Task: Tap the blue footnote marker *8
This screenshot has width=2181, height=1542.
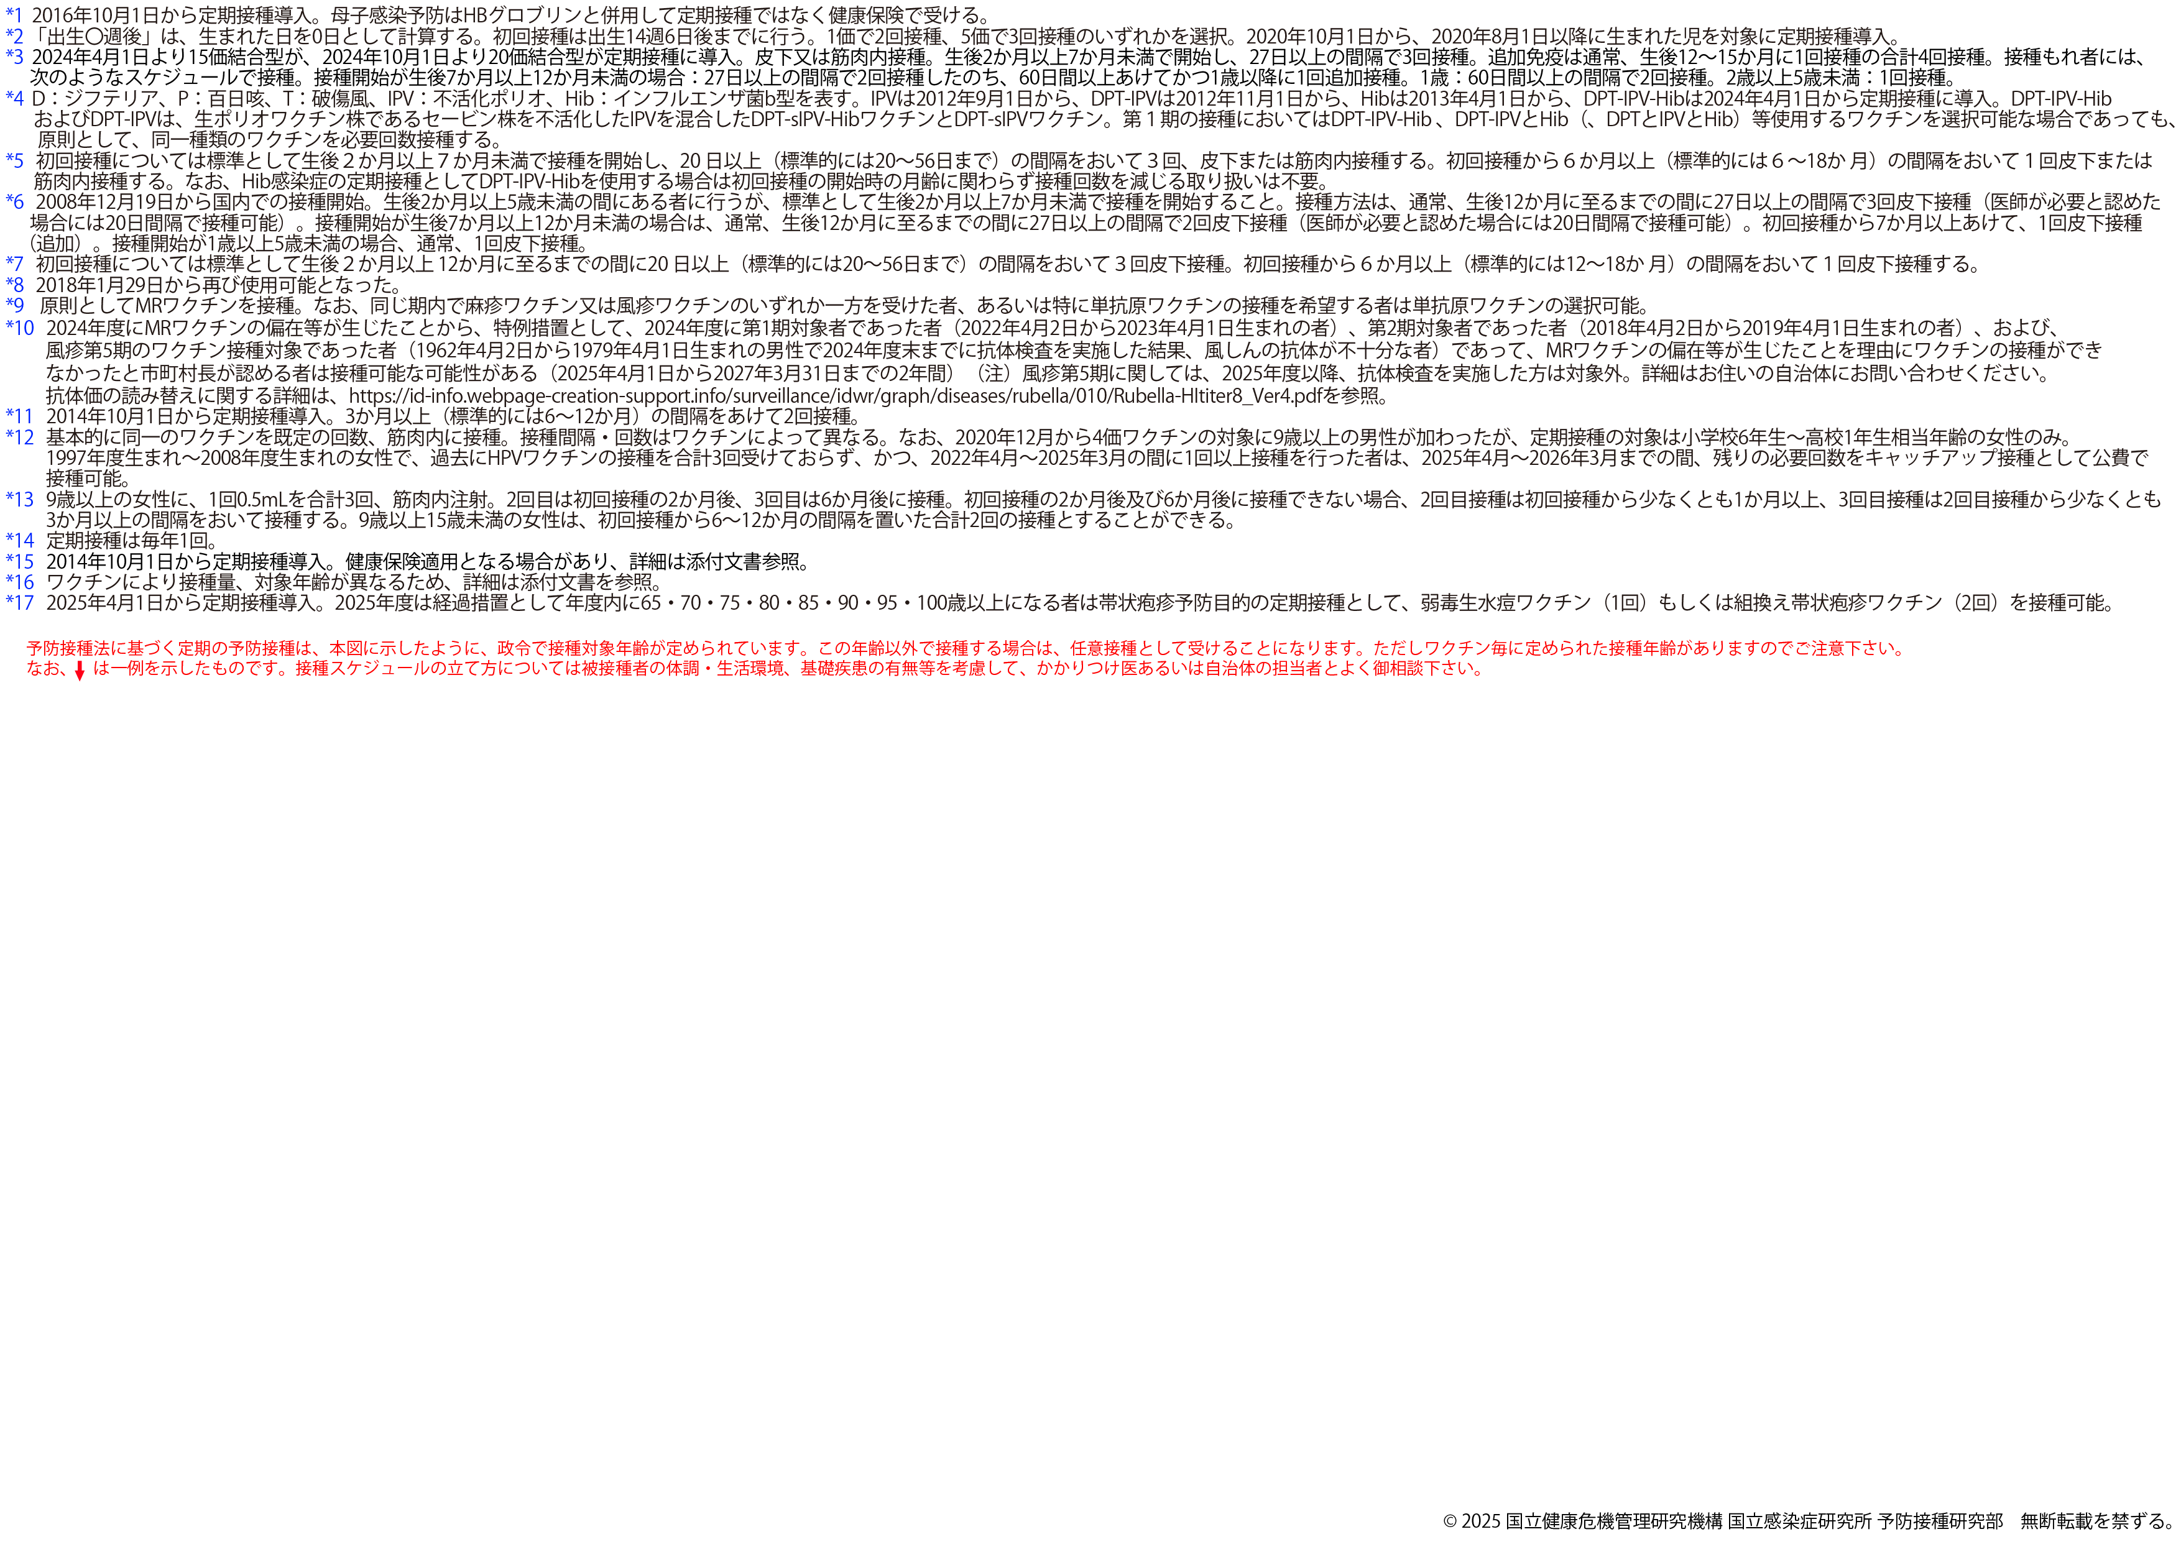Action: (x=14, y=285)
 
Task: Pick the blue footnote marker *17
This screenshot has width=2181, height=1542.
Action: (x=19, y=603)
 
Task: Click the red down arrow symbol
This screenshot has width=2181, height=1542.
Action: (x=80, y=671)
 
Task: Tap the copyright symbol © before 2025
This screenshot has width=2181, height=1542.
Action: (x=1450, y=1521)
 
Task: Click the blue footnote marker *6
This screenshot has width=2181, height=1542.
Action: (x=14, y=202)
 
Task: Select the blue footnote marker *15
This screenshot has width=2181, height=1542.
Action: (x=19, y=562)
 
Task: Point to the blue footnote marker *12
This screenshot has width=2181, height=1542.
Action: (x=19, y=438)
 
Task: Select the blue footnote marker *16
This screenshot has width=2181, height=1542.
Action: (x=19, y=582)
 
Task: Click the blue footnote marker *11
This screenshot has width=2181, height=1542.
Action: (x=19, y=416)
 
